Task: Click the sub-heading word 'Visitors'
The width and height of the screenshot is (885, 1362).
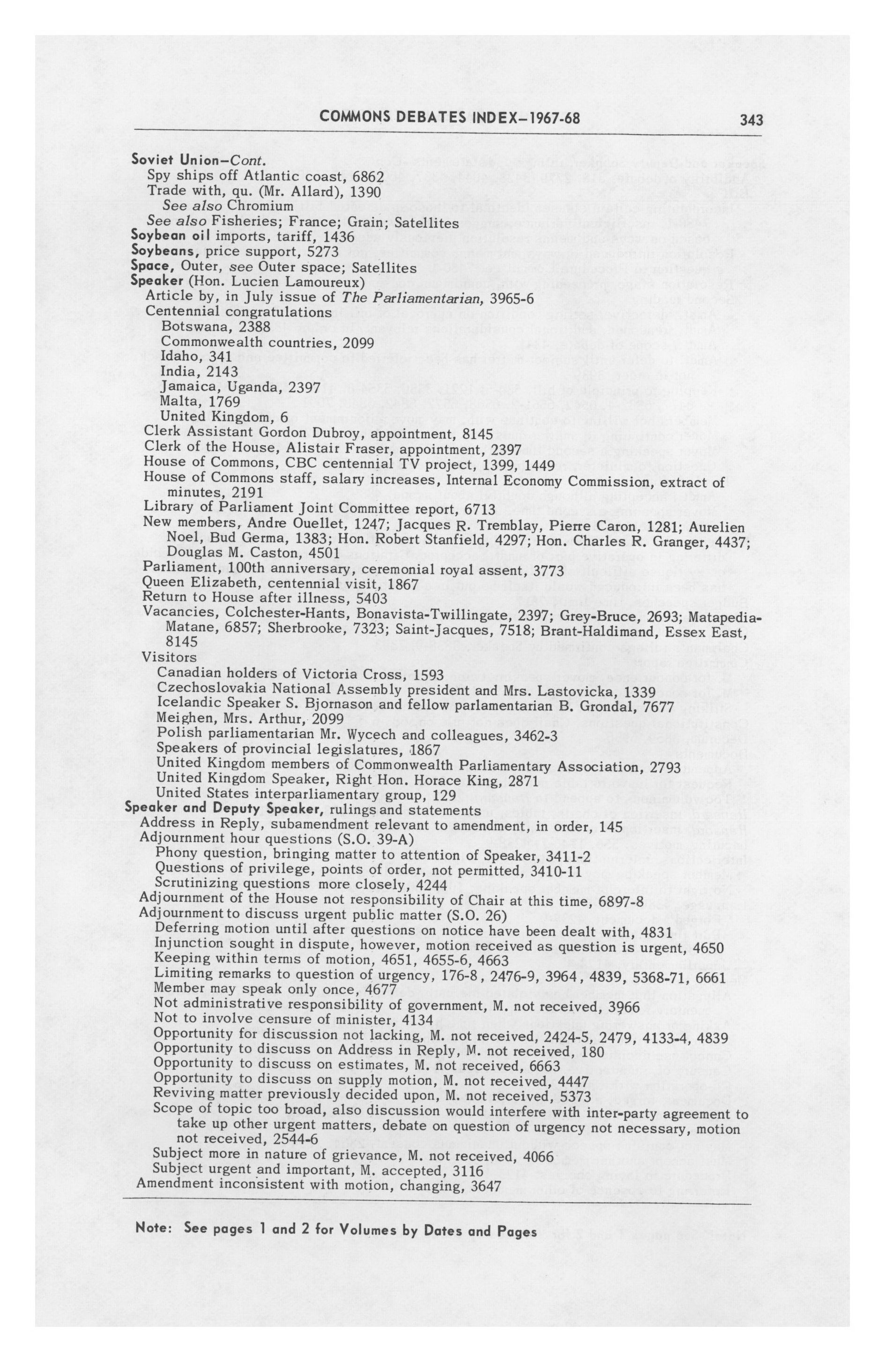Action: point(170,657)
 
